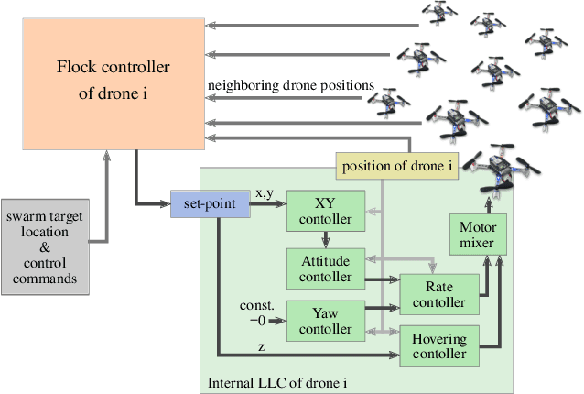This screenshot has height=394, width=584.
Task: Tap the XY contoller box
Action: click(326, 212)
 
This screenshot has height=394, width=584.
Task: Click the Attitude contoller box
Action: click(326, 267)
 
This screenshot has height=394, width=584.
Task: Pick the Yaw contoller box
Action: click(326, 319)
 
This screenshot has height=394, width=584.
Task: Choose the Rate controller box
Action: click(439, 293)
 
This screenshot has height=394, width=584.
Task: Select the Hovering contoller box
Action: click(439, 345)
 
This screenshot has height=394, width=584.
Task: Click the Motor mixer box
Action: click(476, 235)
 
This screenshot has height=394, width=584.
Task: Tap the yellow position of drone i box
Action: click(396, 166)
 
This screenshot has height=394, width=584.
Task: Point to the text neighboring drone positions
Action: click(291, 85)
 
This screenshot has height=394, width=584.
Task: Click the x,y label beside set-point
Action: click(263, 193)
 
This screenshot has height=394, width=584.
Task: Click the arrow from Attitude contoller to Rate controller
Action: click(383, 279)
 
